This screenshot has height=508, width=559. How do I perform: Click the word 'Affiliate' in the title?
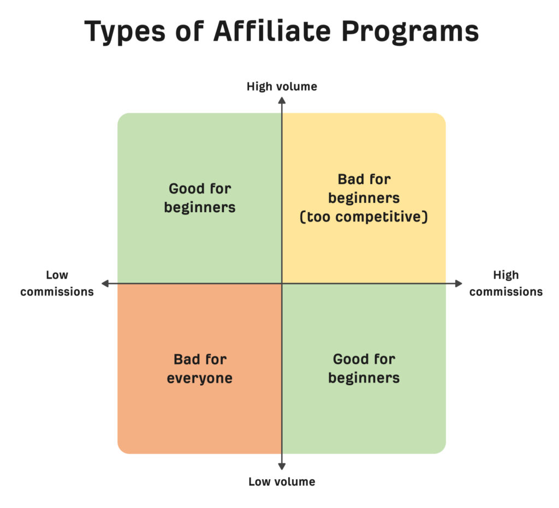tap(272, 31)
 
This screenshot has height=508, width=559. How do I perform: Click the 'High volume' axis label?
tap(282, 87)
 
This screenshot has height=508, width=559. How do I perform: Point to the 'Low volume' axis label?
tap(282, 482)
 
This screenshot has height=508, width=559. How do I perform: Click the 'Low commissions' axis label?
tap(57, 283)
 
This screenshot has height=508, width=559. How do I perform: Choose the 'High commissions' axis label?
tap(506, 283)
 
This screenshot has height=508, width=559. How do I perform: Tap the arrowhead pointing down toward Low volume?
tap(282, 467)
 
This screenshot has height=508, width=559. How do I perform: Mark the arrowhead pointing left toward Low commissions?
tap(105, 284)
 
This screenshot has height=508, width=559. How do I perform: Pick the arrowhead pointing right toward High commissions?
tap(459, 284)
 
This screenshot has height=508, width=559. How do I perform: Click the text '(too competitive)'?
tap(364, 217)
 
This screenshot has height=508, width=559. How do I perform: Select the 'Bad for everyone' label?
tap(200, 369)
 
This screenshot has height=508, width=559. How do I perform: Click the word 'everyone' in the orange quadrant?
tap(200, 378)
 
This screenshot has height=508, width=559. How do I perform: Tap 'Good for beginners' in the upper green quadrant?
tap(200, 198)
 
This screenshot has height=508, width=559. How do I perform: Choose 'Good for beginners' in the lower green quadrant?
tap(364, 368)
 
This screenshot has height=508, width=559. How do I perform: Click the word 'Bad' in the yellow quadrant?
tap(348, 179)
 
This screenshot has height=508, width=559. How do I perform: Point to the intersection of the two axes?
tap(282, 284)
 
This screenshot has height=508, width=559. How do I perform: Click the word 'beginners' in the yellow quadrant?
tap(364, 198)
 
